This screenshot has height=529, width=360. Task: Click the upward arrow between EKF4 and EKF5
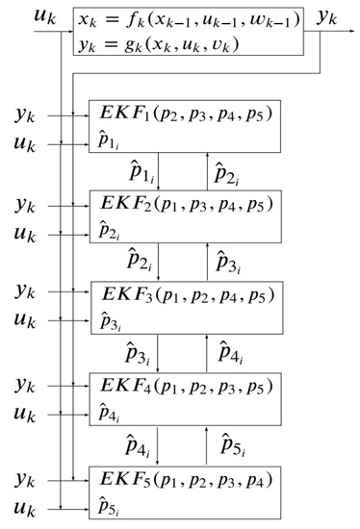(x=204, y=442)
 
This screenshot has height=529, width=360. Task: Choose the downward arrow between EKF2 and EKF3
(x=160, y=262)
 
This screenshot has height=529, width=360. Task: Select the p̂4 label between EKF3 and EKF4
(x=232, y=352)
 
